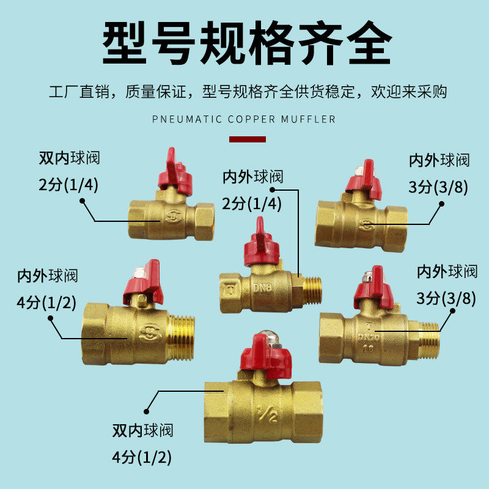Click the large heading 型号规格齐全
point(244,44)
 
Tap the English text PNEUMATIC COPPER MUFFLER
point(244,119)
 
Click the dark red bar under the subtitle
point(247,140)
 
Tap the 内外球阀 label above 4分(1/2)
point(48,276)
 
